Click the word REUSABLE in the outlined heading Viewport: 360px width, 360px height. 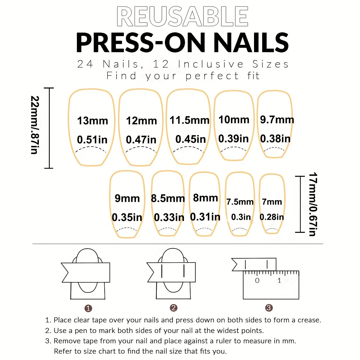[x=182, y=17]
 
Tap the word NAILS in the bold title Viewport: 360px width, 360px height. [x=251, y=43]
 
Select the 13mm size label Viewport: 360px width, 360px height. [x=92, y=121]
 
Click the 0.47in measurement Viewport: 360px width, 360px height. [x=141, y=140]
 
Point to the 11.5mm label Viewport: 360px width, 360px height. [x=189, y=120]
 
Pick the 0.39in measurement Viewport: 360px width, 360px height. [x=233, y=139]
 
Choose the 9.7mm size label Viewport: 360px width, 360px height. [x=277, y=120]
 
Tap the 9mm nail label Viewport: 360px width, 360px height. [x=127, y=198]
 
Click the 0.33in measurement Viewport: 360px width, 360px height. [x=169, y=217]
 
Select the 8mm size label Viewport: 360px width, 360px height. [x=205, y=198]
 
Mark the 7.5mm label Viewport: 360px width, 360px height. [x=240, y=202]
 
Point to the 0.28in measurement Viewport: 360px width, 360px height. [x=271, y=217]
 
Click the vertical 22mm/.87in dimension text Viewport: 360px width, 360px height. [x=35, y=125]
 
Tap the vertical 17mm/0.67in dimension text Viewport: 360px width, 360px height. [x=313, y=204]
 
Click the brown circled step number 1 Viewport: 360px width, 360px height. [x=88, y=308]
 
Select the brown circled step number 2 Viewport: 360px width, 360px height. [x=173, y=308]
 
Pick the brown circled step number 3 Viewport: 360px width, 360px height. [x=269, y=308]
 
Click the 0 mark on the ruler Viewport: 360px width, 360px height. [x=257, y=281]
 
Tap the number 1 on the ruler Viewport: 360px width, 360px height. [x=279, y=281]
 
